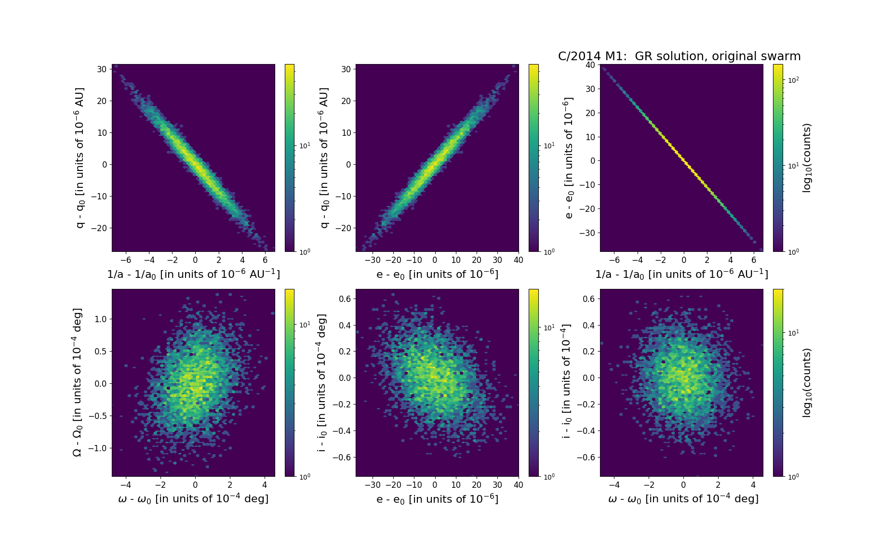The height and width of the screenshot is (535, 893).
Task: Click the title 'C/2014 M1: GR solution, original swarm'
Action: (679, 56)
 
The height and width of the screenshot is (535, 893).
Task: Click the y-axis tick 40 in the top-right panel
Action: (590, 65)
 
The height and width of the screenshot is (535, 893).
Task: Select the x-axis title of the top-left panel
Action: (193, 274)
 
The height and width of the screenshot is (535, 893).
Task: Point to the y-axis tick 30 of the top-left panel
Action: (102, 69)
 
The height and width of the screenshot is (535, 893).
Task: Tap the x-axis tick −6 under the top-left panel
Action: (126, 261)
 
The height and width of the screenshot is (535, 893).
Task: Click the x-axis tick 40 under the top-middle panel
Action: (519, 261)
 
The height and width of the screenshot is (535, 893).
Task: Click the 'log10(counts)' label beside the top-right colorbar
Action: (807, 158)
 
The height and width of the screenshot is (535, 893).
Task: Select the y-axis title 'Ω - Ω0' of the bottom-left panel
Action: (77, 382)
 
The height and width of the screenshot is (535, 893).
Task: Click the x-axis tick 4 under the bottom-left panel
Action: (265, 485)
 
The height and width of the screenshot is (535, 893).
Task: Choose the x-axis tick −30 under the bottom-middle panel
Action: (372, 485)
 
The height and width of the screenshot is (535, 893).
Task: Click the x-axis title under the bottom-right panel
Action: (683, 499)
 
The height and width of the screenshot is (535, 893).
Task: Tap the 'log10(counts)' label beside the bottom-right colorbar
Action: (807, 383)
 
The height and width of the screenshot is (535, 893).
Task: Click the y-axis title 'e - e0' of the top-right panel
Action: (569, 158)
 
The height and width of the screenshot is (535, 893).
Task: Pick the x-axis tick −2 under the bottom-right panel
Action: (649, 485)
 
